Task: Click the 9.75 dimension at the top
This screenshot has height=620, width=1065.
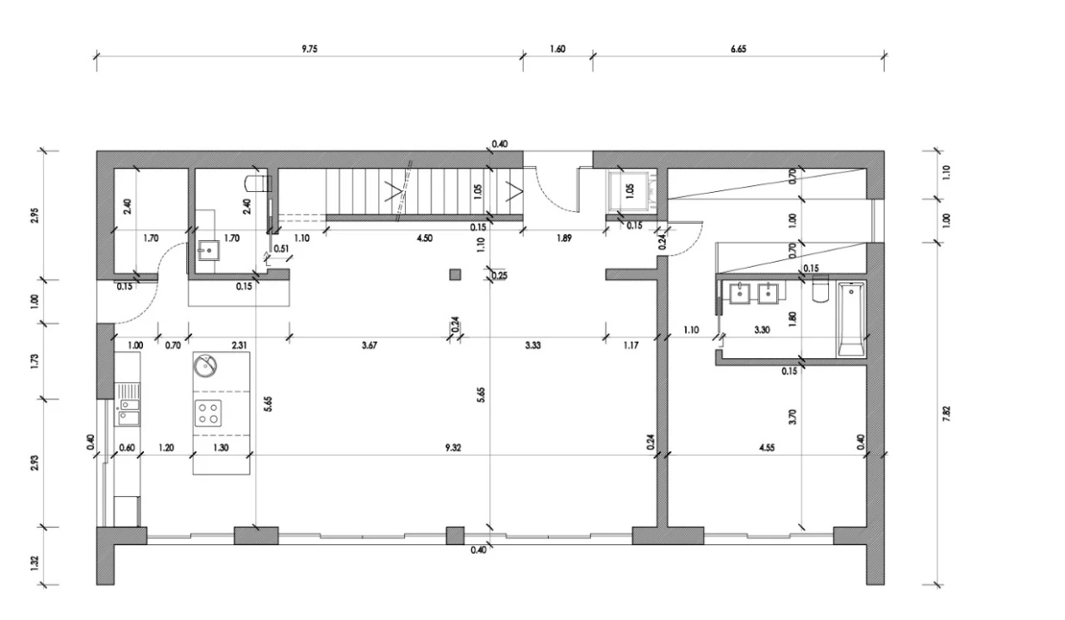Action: [x=309, y=49]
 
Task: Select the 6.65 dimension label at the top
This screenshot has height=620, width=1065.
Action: [x=738, y=49]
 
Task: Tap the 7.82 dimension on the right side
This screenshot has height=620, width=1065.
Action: [x=946, y=413]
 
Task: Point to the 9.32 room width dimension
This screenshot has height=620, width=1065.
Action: [x=453, y=448]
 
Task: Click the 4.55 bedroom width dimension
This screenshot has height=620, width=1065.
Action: [x=767, y=448]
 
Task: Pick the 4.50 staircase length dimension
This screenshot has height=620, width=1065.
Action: [x=425, y=238]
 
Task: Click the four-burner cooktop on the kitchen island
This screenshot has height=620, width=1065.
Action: [x=209, y=413]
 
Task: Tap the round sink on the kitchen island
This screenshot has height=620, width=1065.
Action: [x=205, y=366]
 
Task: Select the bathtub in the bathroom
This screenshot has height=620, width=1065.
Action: [x=851, y=319]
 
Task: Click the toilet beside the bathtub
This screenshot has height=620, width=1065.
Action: [x=820, y=288]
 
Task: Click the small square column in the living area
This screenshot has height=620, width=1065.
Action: [x=455, y=275]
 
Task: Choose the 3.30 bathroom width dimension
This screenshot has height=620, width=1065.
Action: [x=762, y=330]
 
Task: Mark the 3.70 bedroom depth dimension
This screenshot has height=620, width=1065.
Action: [x=792, y=417]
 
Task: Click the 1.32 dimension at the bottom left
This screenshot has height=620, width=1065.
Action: [x=34, y=563]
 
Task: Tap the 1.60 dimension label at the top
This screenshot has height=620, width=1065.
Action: [x=557, y=49]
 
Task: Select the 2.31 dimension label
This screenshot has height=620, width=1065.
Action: [x=240, y=345]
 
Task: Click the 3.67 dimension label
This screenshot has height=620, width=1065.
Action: [x=370, y=345]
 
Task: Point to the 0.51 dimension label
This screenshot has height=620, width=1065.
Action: [x=282, y=249]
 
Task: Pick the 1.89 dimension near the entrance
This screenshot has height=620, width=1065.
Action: [x=564, y=238]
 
